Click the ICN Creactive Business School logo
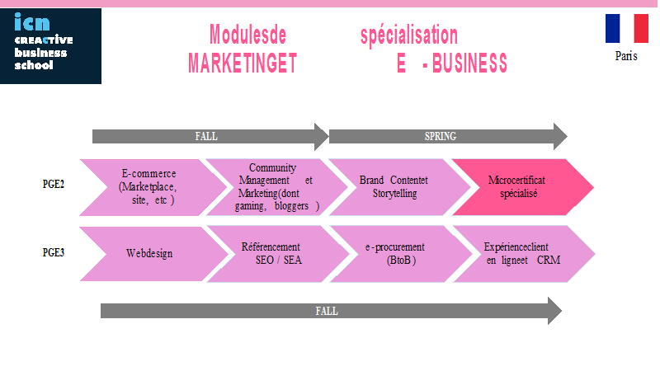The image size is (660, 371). [x=50, y=46]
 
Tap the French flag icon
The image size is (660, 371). [x=627, y=28]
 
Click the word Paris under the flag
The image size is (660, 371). [x=626, y=56]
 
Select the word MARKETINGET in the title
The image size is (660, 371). [x=243, y=63]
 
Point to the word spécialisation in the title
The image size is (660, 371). [x=409, y=35]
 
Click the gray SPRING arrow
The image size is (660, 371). [x=448, y=136]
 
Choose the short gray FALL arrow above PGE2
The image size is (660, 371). [x=210, y=136]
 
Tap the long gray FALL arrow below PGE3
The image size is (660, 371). [x=331, y=311]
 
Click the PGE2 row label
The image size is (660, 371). [x=54, y=184]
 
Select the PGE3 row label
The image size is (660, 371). [x=54, y=252]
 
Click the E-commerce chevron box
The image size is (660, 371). [x=153, y=187]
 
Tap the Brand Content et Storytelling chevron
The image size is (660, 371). [x=400, y=187]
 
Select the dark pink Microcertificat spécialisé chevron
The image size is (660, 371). [x=523, y=187]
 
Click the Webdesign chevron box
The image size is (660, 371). [x=153, y=254]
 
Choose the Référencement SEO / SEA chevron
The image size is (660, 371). [x=278, y=254]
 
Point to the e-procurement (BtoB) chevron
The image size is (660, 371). [x=401, y=254]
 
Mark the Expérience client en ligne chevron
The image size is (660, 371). [x=524, y=254]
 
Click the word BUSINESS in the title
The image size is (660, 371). [x=469, y=63]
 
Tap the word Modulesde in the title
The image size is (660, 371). [x=248, y=35]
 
